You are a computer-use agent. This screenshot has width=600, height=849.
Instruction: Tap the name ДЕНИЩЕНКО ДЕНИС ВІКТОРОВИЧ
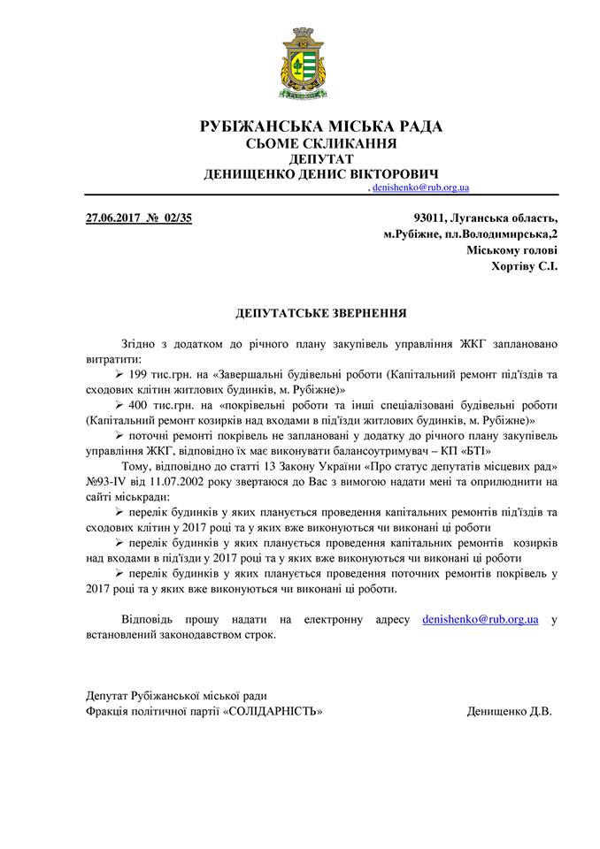point(321,174)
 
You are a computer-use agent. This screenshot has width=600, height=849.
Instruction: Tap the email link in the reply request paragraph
point(481,619)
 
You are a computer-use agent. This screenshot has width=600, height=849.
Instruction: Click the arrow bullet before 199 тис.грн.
point(120,375)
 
